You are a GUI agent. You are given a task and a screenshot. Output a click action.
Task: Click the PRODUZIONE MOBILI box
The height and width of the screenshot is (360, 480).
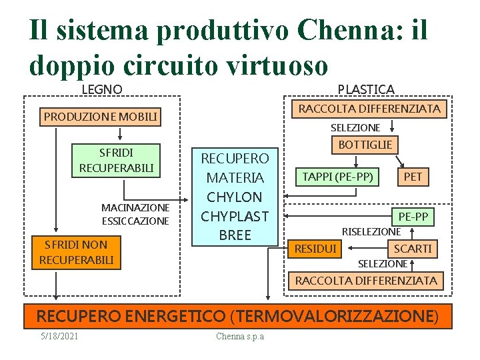click(x=101, y=117)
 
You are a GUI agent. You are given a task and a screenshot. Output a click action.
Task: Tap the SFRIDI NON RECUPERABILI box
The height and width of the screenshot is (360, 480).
click(x=77, y=252)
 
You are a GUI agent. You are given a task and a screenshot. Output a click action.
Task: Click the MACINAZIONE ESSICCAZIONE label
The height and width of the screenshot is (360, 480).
click(x=135, y=214)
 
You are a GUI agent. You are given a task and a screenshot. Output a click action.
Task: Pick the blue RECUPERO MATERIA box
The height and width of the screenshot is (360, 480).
click(x=235, y=197)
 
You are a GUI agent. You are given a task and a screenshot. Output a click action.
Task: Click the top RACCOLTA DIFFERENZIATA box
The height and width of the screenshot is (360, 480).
click(x=369, y=108)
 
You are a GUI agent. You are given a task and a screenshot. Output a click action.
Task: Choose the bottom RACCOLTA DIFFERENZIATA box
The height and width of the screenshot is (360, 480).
click(x=366, y=281)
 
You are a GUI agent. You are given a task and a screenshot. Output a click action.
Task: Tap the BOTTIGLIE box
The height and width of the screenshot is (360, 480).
click(x=365, y=145)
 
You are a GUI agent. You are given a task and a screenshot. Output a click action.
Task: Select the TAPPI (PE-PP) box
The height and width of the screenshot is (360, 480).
click(x=338, y=176)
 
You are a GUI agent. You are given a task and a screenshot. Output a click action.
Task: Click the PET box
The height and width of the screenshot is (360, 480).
click(x=413, y=177)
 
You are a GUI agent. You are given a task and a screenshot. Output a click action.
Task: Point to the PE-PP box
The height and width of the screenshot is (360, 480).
click(x=413, y=217)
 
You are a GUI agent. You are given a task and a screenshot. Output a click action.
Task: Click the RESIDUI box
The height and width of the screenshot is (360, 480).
click(x=316, y=249)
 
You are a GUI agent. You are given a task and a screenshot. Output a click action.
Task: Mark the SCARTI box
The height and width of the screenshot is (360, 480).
click(x=413, y=249)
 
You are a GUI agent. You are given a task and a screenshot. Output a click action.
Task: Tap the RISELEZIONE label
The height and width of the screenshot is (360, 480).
click(x=371, y=232)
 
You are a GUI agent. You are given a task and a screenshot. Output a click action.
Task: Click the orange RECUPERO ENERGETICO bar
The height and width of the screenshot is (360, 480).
click(x=237, y=315)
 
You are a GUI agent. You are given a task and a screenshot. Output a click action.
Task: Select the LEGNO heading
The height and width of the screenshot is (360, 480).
click(x=102, y=89)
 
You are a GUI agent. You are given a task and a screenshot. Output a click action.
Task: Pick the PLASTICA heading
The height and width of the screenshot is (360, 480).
click(x=366, y=89)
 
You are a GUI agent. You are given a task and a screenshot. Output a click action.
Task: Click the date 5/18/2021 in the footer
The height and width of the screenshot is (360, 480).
click(x=59, y=336)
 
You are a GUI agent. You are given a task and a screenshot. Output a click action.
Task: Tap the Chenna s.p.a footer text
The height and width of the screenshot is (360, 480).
click(x=240, y=336)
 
